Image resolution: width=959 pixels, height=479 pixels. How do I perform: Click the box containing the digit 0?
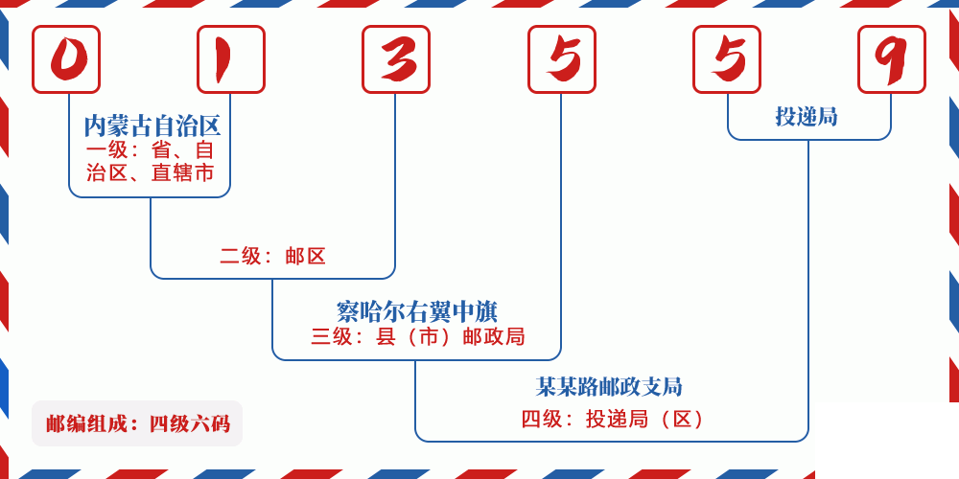(66, 59)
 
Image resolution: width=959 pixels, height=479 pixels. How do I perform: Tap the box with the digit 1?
(231, 59)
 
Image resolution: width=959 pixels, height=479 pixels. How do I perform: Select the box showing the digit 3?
(396, 59)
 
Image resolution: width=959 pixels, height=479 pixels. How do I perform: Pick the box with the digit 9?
(892, 59)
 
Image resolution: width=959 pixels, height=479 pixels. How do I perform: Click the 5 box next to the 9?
(727, 59)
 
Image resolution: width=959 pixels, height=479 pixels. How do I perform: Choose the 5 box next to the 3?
(562, 59)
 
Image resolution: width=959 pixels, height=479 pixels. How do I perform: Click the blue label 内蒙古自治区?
(152, 126)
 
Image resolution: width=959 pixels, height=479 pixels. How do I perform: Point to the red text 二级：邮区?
(272, 256)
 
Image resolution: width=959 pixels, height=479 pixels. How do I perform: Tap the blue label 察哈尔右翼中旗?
(417, 311)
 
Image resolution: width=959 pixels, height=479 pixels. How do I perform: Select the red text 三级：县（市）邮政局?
(418, 336)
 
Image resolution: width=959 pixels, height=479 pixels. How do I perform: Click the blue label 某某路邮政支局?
(609, 386)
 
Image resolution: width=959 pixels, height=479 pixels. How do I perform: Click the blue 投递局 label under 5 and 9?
(807, 116)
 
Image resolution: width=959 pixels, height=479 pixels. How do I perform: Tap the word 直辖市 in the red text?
(183, 172)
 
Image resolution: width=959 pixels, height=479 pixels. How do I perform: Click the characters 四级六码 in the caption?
(190, 424)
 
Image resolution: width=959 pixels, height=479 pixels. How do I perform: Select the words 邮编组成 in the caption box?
(86, 424)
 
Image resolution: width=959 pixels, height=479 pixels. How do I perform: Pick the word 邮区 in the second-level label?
(305, 256)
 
